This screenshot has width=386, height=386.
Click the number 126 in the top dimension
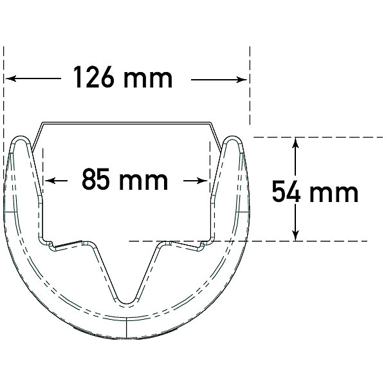tap(94, 77)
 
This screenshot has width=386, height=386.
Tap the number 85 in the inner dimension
tap(95, 179)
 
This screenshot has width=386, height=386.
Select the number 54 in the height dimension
tap(286, 191)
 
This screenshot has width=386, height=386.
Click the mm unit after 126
tap(148, 78)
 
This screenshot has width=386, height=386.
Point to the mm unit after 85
tap(143, 181)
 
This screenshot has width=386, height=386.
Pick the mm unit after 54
tap(334, 193)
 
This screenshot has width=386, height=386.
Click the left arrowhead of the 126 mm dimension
tap(10, 78)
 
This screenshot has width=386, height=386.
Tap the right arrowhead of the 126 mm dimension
tap(241, 80)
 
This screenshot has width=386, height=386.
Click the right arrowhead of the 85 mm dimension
tap(203, 181)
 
